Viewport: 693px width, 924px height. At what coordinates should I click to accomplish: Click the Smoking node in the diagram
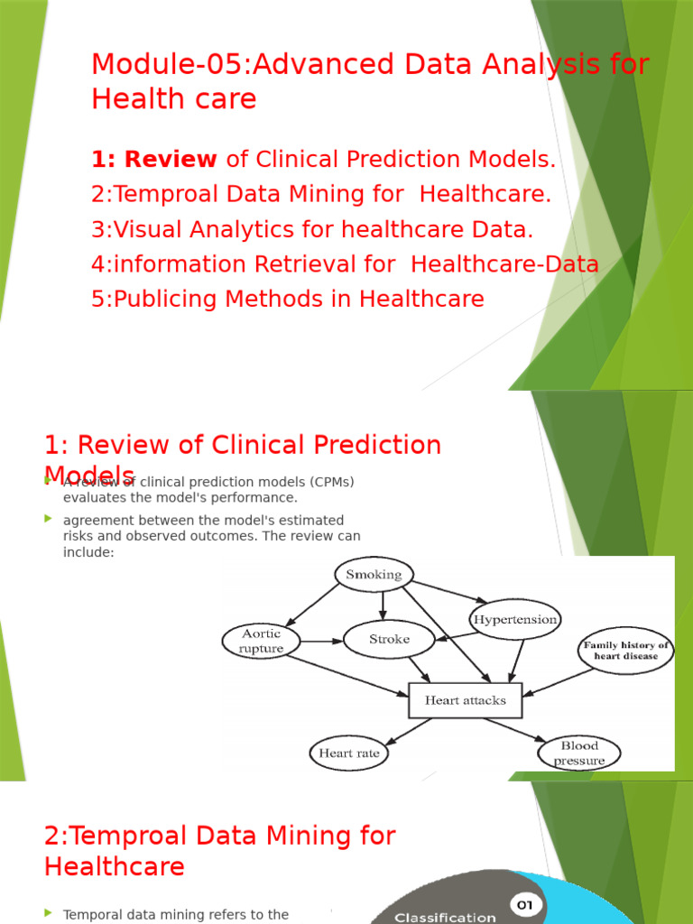point(374,575)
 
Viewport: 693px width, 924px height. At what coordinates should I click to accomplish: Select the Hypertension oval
point(514,620)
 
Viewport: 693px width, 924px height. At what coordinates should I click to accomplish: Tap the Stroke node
point(389,640)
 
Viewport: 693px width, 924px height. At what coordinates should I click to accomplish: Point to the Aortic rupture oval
point(262,642)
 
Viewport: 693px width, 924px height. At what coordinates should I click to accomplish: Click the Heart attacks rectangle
point(465,700)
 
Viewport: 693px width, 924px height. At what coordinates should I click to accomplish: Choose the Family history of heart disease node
point(625,651)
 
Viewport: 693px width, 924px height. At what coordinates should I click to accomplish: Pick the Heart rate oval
point(348,753)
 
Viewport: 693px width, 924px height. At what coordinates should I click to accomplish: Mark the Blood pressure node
point(579,753)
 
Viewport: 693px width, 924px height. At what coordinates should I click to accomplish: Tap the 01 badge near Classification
point(523,904)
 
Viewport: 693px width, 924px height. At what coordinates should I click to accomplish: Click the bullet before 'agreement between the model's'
point(49,519)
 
